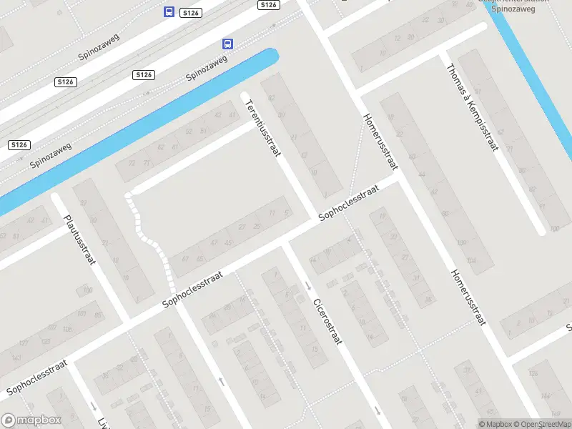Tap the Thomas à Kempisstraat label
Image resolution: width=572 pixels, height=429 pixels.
coord(471,108)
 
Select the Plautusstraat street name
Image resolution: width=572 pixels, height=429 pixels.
coord(79,240)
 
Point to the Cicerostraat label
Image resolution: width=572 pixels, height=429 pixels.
coord(327,321)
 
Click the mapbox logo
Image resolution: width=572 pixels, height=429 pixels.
coord(31,420)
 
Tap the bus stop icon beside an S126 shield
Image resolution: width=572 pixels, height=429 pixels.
coord(169,11)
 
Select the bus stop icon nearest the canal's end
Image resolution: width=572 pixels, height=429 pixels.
coord(227,44)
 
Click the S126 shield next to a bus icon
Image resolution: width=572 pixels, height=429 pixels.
coord(189,13)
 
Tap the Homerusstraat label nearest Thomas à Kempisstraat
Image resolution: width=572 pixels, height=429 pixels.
coord(379,141)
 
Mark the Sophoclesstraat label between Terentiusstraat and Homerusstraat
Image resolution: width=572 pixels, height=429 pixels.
coord(347,204)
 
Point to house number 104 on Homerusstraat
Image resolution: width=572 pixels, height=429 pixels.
coord(470,261)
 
